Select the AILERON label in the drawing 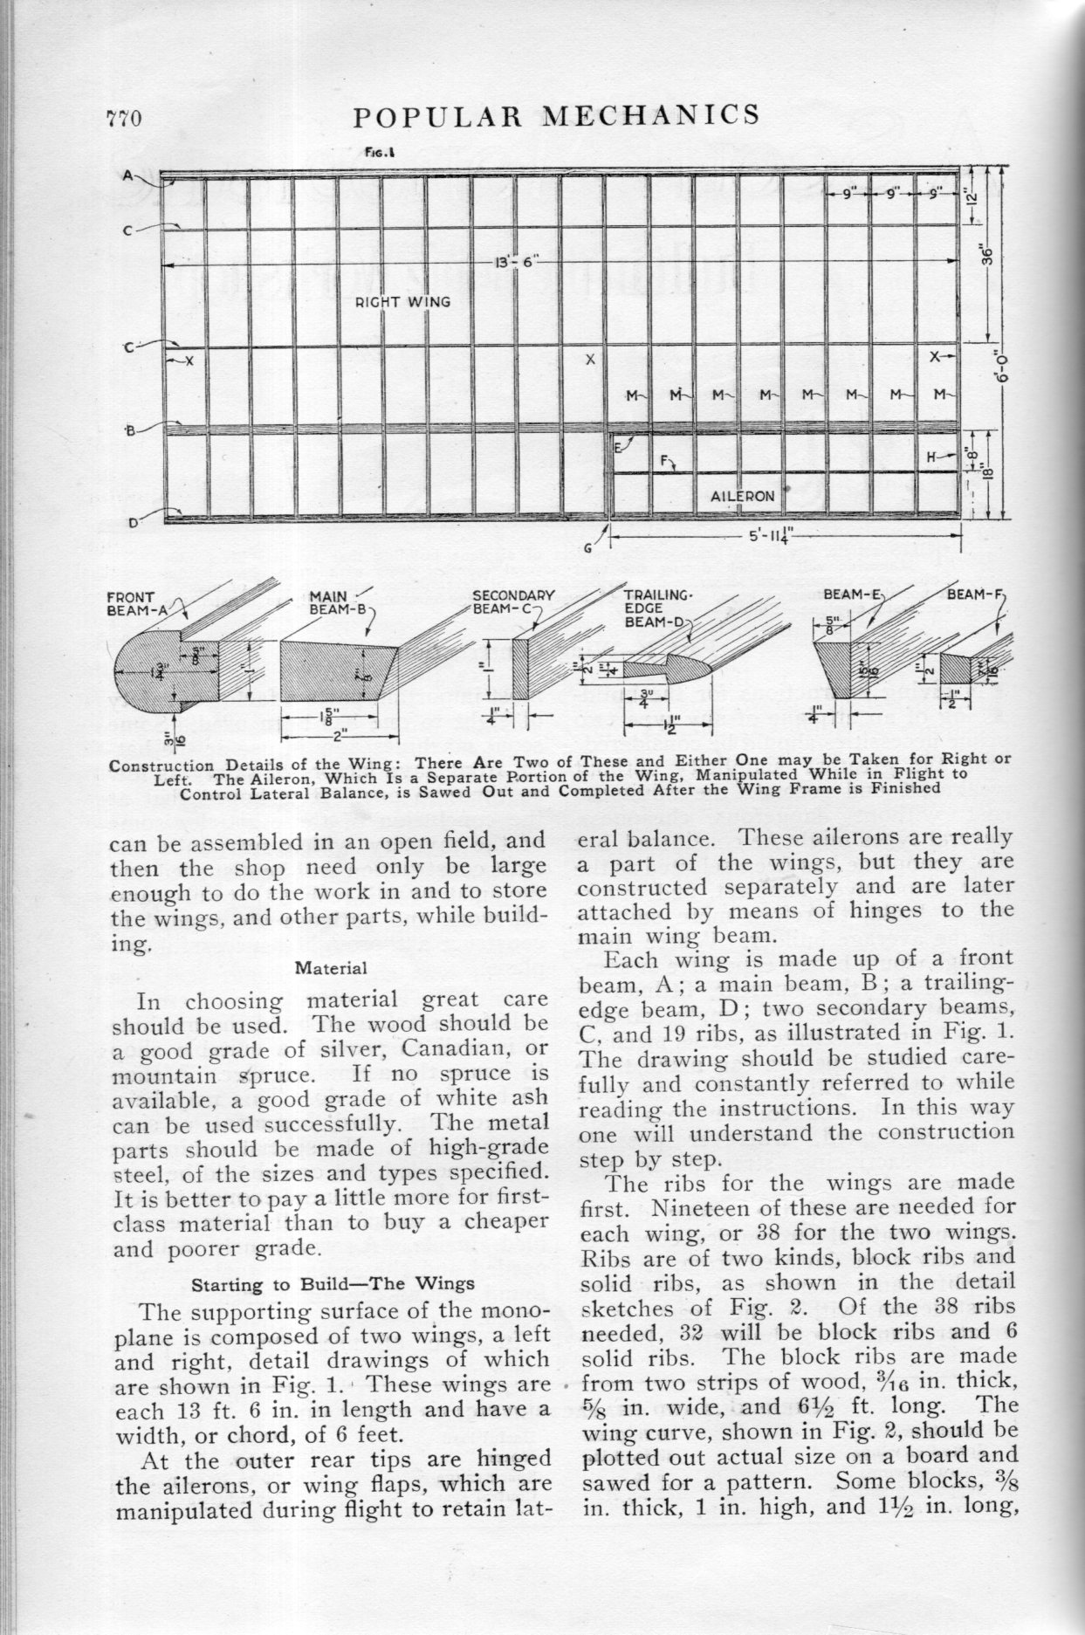tap(743, 496)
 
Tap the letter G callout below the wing tap(588, 547)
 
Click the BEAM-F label tap(975, 594)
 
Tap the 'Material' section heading tap(330, 968)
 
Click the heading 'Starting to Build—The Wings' tap(333, 1283)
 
